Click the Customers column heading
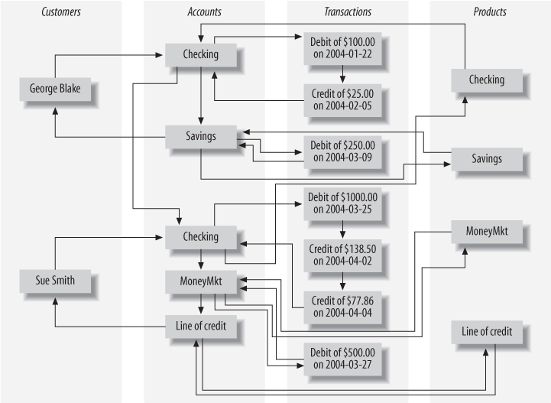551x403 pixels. [61, 12]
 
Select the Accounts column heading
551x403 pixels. [204, 12]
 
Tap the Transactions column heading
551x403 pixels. [347, 12]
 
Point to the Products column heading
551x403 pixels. [490, 12]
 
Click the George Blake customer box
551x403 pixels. [54, 88]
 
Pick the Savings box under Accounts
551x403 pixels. [200, 135]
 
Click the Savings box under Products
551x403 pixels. [486, 158]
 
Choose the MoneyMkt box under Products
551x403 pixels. [486, 229]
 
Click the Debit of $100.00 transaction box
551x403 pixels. [342, 47]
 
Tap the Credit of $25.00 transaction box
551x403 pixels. [342, 98]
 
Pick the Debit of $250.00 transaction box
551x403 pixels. [342, 151]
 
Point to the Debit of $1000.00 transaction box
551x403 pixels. [342, 203]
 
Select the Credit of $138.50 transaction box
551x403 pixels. [342, 254]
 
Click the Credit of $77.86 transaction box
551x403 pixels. [342, 306]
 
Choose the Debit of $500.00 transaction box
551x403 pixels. [342, 357]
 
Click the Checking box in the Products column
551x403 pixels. [486, 80]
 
